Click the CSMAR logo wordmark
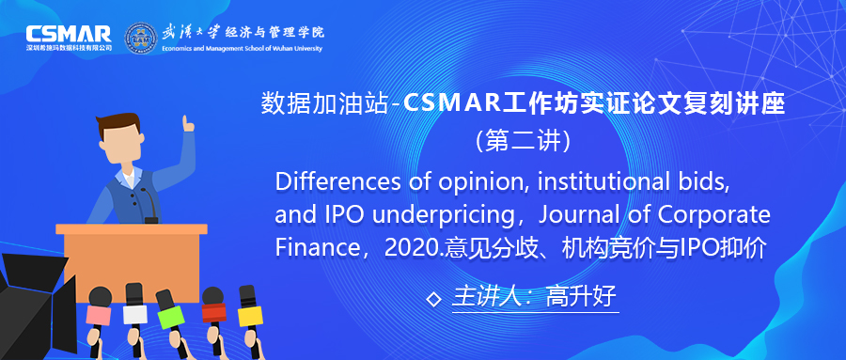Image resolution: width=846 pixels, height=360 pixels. point(69,34)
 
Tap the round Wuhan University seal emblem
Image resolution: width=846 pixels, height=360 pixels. point(141,38)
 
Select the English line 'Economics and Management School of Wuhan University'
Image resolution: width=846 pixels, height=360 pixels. point(242,49)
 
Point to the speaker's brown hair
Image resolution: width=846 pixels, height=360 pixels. point(118,124)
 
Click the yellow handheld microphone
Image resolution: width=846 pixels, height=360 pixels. point(250,307)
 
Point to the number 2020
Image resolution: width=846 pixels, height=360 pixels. point(413,248)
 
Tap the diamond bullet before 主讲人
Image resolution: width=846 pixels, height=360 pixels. point(432,299)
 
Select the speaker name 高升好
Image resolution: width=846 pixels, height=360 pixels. point(581,297)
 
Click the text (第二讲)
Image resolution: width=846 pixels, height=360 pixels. point(523,142)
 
